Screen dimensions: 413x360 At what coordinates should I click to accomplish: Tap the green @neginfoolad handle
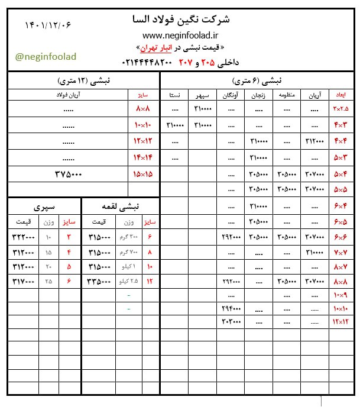coord(46,56)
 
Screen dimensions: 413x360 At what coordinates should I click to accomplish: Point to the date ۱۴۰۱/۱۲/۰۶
coord(48,24)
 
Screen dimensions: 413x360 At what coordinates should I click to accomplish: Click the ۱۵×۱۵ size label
coord(144,175)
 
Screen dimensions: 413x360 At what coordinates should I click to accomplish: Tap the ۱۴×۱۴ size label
coord(144,158)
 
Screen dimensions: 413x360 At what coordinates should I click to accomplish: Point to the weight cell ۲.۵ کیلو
coord(129,280)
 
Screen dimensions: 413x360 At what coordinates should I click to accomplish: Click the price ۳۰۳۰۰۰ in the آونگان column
coord(231,322)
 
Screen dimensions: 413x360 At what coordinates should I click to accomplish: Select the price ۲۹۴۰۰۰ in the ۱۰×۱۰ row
coord(231,308)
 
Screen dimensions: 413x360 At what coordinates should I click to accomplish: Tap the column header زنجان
coord(258,95)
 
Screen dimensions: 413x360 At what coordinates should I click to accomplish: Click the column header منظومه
coord(286,95)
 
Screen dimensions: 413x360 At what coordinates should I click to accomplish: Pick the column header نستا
coord(175,95)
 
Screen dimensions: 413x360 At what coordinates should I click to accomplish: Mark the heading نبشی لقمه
coord(121,207)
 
